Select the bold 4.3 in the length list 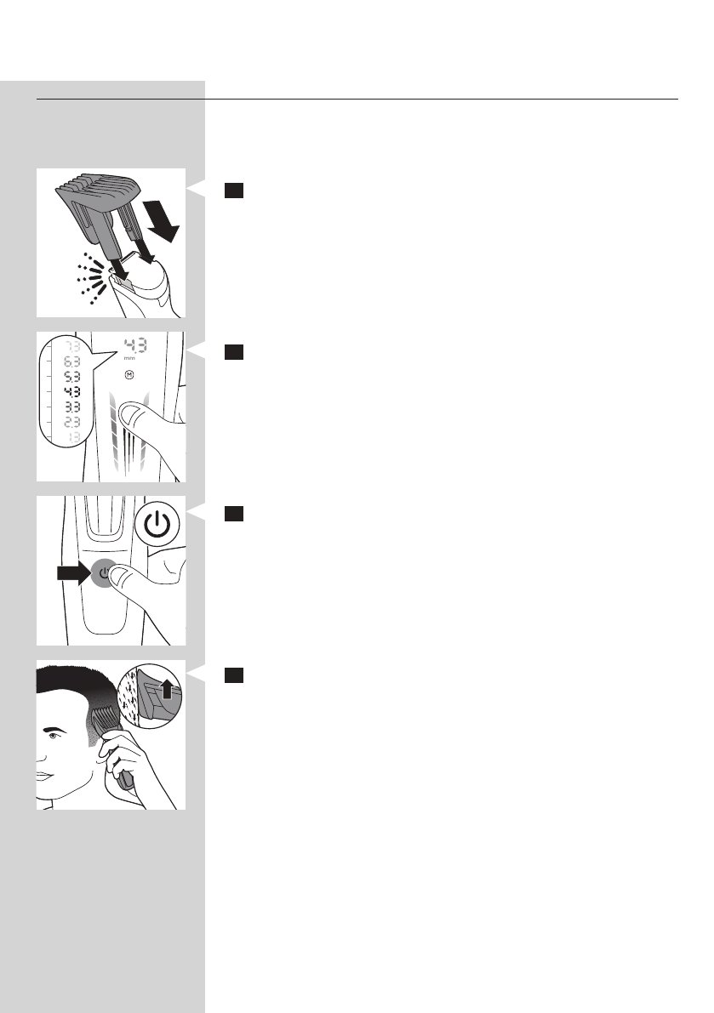coord(62,394)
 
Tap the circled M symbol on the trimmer coord(129,374)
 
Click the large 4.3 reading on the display coord(134,346)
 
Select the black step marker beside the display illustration coord(235,353)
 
